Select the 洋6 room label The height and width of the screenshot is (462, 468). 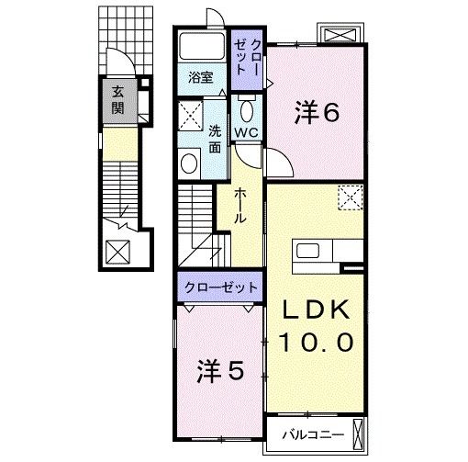click(318, 112)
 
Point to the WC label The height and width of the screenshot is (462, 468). click(245, 132)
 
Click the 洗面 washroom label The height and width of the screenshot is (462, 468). click(214, 139)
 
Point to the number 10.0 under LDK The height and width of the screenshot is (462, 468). click(317, 343)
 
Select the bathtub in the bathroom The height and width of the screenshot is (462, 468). click(200, 47)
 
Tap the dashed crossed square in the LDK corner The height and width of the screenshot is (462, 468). click(350, 197)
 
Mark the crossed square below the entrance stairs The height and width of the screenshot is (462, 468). click(118, 251)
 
